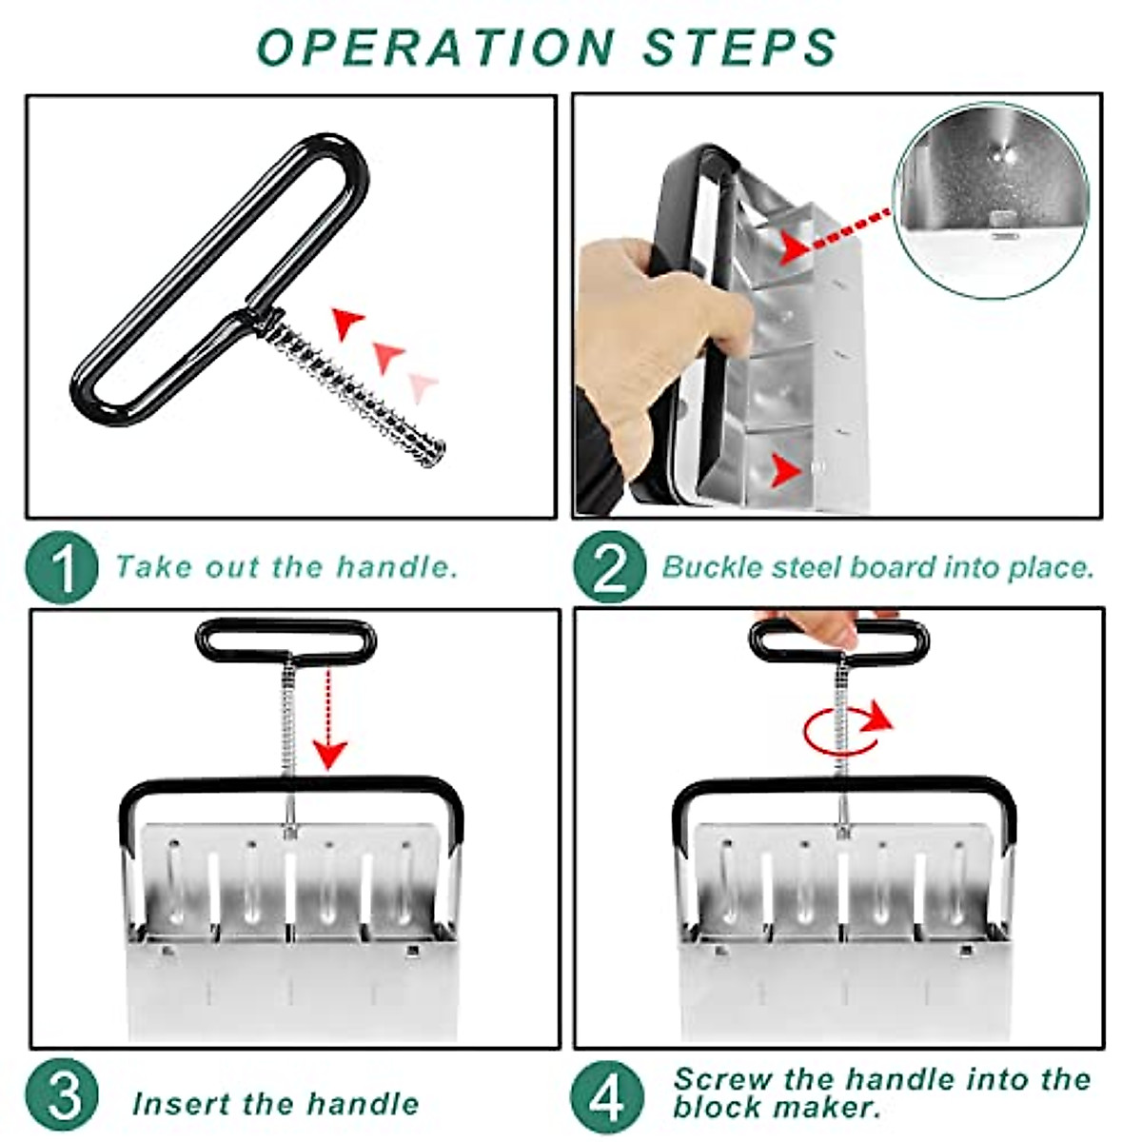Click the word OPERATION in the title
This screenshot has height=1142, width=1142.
tap(436, 47)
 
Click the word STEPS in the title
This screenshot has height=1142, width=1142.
tap(740, 47)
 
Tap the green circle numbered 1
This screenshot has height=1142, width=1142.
tap(62, 567)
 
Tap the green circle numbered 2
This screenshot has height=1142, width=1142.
tap(610, 567)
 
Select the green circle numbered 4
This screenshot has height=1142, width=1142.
tap(607, 1093)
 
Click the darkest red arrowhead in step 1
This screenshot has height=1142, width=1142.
tap(347, 324)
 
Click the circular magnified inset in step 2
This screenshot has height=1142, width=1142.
tap(992, 200)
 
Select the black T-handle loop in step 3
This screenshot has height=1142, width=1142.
tap(286, 641)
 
